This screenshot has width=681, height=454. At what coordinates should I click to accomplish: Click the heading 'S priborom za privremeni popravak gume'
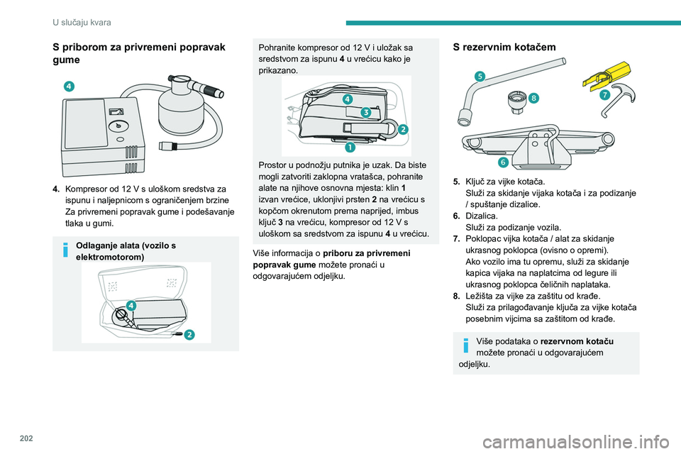click(x=139, y=54)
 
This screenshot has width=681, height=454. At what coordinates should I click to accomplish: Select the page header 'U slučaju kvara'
click(x=82, y=23)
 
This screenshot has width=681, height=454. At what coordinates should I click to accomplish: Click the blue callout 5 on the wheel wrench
click(x=480, y=77)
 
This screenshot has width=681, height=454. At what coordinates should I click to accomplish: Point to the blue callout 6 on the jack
click(x=492, y=162)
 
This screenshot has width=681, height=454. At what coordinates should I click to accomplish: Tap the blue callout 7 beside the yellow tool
click(x=604, y=95)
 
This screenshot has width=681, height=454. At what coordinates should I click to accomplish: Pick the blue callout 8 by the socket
click(x=533, y=96)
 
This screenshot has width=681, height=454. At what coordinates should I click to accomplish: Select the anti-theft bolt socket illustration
click(x=516, y=103)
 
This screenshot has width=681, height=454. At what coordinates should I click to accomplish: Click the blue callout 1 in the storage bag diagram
click(x=350, y=148)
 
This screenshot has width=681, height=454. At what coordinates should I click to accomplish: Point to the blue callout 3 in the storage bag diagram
click(x=365, y=112)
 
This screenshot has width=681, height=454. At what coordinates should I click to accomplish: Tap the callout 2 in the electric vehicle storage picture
click(x=189, y=335)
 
